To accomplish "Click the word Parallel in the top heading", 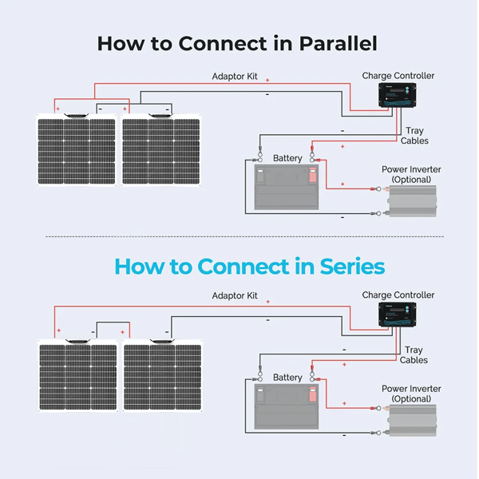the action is click(338, 43).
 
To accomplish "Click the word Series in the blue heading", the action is click(352, 267).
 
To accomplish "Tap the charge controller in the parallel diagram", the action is click(397, 95).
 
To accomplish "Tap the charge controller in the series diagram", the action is click(397, 315).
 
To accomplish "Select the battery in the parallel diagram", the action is click(287, 187).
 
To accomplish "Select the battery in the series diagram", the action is click(287, 406).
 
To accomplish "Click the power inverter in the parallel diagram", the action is click(413, 201).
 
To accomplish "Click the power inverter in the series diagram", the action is click(413, 421).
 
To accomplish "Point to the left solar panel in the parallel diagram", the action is click(77, 150).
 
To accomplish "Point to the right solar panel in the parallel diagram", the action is click(161, 150).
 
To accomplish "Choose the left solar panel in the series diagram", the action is click(78, 375).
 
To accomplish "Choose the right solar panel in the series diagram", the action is click(163, 375).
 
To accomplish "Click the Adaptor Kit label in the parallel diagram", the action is click(235, 77).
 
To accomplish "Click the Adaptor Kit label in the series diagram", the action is click(235, 295).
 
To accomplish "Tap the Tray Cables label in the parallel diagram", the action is click(414, 136).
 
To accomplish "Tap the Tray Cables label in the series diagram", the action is click(414, 355).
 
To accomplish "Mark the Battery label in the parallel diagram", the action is click(287, 158).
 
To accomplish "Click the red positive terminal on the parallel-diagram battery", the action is click(313, 175).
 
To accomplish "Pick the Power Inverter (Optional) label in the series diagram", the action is click(411, 394).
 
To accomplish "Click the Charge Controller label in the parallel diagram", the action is click(398, 76).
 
